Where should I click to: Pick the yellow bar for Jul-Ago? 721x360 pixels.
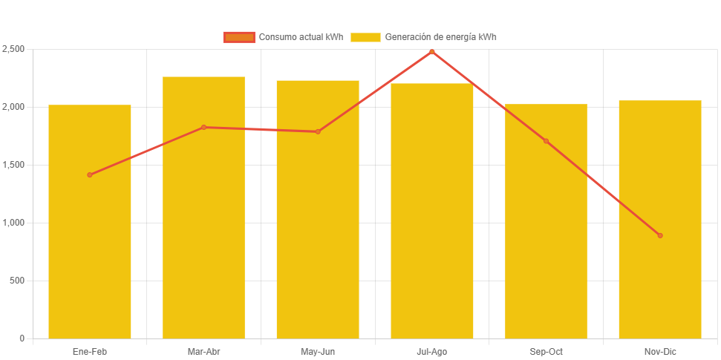coord(431,223)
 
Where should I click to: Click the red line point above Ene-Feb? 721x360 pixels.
coord(90,175)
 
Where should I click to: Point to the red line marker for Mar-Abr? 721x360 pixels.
coord(203,128)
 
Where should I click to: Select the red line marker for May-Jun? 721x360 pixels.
coord(318,132)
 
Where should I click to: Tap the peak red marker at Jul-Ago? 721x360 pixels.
coord(431,52)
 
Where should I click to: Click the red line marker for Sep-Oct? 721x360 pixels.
coord(546,141)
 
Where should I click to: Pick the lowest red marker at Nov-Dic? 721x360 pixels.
coord(660,236)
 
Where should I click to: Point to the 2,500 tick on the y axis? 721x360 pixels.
coord(13,49)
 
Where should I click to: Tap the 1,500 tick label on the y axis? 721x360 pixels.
coord(13,165)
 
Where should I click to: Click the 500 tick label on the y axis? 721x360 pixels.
coord(16,281)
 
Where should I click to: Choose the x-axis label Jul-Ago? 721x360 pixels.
coord(431,351)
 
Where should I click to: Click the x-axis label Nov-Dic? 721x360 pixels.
coord(660,351)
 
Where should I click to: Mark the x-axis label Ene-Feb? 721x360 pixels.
coord(90,351)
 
